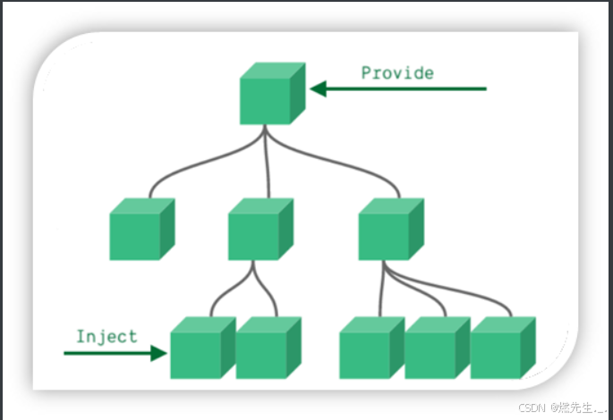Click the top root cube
click(271, 94)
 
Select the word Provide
click(397, 72)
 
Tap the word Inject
click(106, 336)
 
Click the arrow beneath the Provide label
click(397, 88)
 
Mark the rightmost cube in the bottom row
click(501, 348)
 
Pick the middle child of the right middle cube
click(436, 348)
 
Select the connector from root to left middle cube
click(179, 170)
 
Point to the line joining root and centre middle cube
click(266, 165)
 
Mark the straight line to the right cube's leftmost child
click(381, 290)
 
